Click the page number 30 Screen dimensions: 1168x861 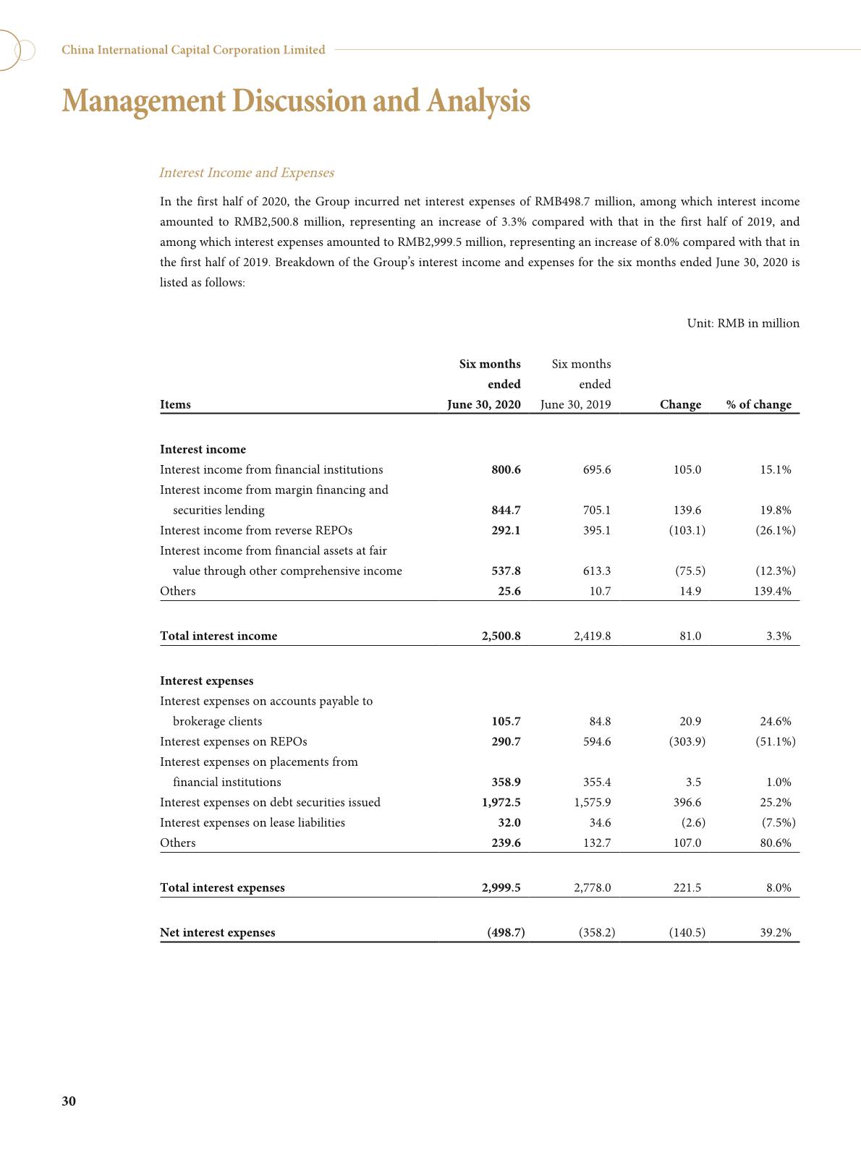pos(69,1101)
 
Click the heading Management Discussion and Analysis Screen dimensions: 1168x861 pos(296,101)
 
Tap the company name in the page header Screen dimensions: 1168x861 pos(193,50)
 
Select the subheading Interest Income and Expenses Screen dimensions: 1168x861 pos(246,173)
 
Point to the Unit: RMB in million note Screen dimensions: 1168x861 pos(743,323)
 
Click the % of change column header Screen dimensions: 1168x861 pos(758,404)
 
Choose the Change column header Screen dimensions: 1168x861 pos(680,404)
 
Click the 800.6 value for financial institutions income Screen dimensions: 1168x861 pos(506,469)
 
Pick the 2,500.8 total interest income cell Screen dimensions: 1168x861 pos(501,636)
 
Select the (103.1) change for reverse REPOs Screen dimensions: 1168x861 pos(687,530)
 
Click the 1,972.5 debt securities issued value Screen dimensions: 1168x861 pos(501,802)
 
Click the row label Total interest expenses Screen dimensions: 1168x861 pos(222,887)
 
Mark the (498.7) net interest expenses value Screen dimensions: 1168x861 pos(506,932)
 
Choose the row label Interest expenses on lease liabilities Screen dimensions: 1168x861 pos(252,822)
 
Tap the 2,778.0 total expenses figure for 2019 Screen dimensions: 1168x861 pos(592,887)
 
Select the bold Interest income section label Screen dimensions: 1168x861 pos(203,449)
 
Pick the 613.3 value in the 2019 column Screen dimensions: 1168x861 pos(596,571)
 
